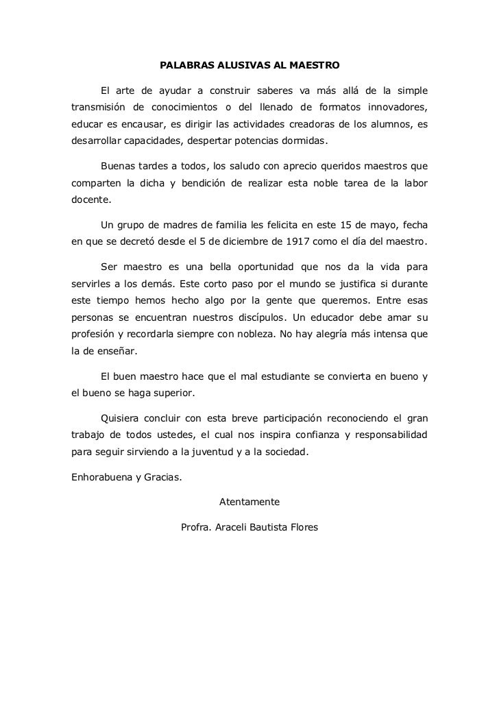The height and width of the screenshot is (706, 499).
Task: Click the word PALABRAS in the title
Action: tap(184, 67)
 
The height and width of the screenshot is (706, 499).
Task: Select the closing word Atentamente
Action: tap(249, 502)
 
